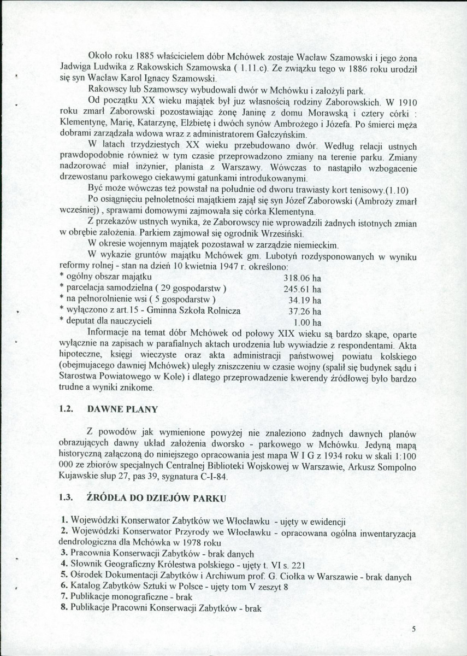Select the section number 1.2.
(x=66, y=408)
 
